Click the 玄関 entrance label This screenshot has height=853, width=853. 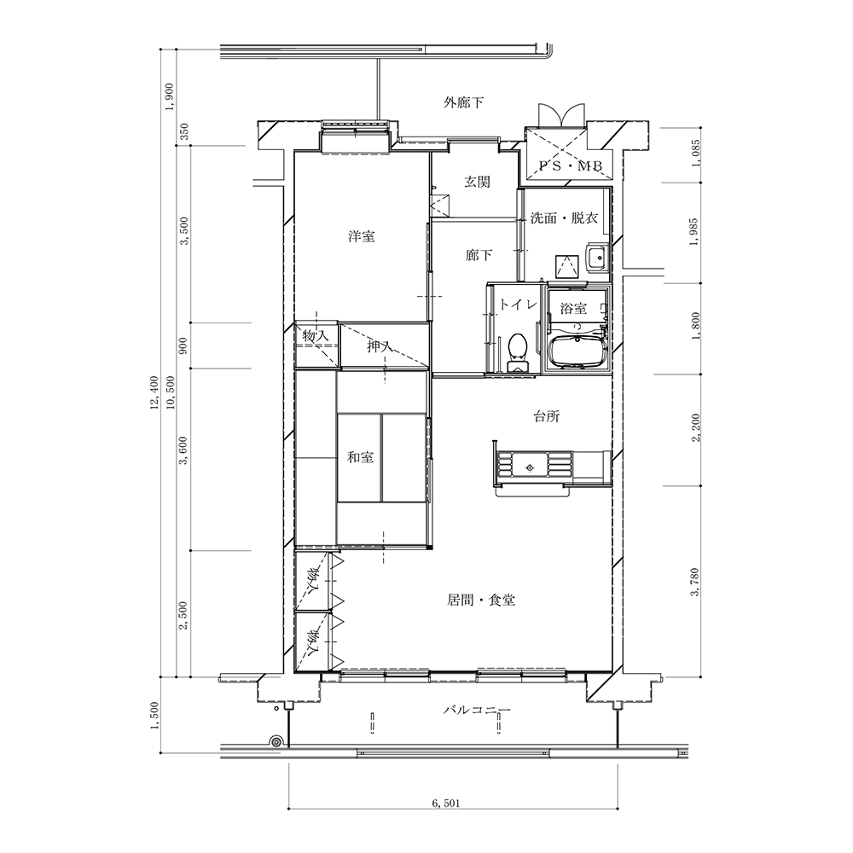coord(477,182)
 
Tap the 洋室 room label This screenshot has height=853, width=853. coord(362,236)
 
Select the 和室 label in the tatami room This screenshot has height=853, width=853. coord(361,457)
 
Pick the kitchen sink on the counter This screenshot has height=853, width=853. coord(530,467)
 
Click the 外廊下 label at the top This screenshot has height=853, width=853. coord(463,102)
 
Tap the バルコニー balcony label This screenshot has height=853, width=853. coord(477,710)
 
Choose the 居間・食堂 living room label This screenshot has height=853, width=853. coord(481,600)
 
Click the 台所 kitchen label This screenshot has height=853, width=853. coord(546,417)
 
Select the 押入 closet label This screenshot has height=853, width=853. coord(380,345)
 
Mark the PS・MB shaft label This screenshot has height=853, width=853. coord(570,166)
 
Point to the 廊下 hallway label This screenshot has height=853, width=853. coord(479,254)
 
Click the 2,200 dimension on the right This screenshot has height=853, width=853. coord(696,427)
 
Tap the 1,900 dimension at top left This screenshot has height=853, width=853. coord(169,97)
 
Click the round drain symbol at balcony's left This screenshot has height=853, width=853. coord(276,741)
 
